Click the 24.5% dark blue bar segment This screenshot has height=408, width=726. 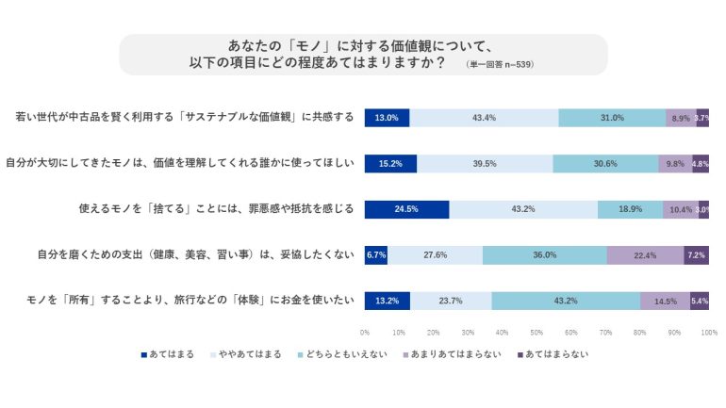406,209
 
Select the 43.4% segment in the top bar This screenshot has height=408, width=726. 484,118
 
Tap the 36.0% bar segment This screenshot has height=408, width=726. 544,254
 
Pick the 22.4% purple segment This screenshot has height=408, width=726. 645,254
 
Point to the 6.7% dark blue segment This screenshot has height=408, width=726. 376,254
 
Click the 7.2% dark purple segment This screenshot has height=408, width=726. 697,254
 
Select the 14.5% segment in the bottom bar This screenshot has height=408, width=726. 665,301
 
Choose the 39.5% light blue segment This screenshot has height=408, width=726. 485,163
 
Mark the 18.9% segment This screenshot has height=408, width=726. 630,209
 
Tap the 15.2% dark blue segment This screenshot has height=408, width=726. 390,163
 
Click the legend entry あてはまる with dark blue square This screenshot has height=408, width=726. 167,354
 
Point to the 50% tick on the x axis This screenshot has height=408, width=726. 536,333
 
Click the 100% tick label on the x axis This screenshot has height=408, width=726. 709,333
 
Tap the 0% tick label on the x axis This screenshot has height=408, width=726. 365,333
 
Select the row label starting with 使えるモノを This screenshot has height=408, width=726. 216,209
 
